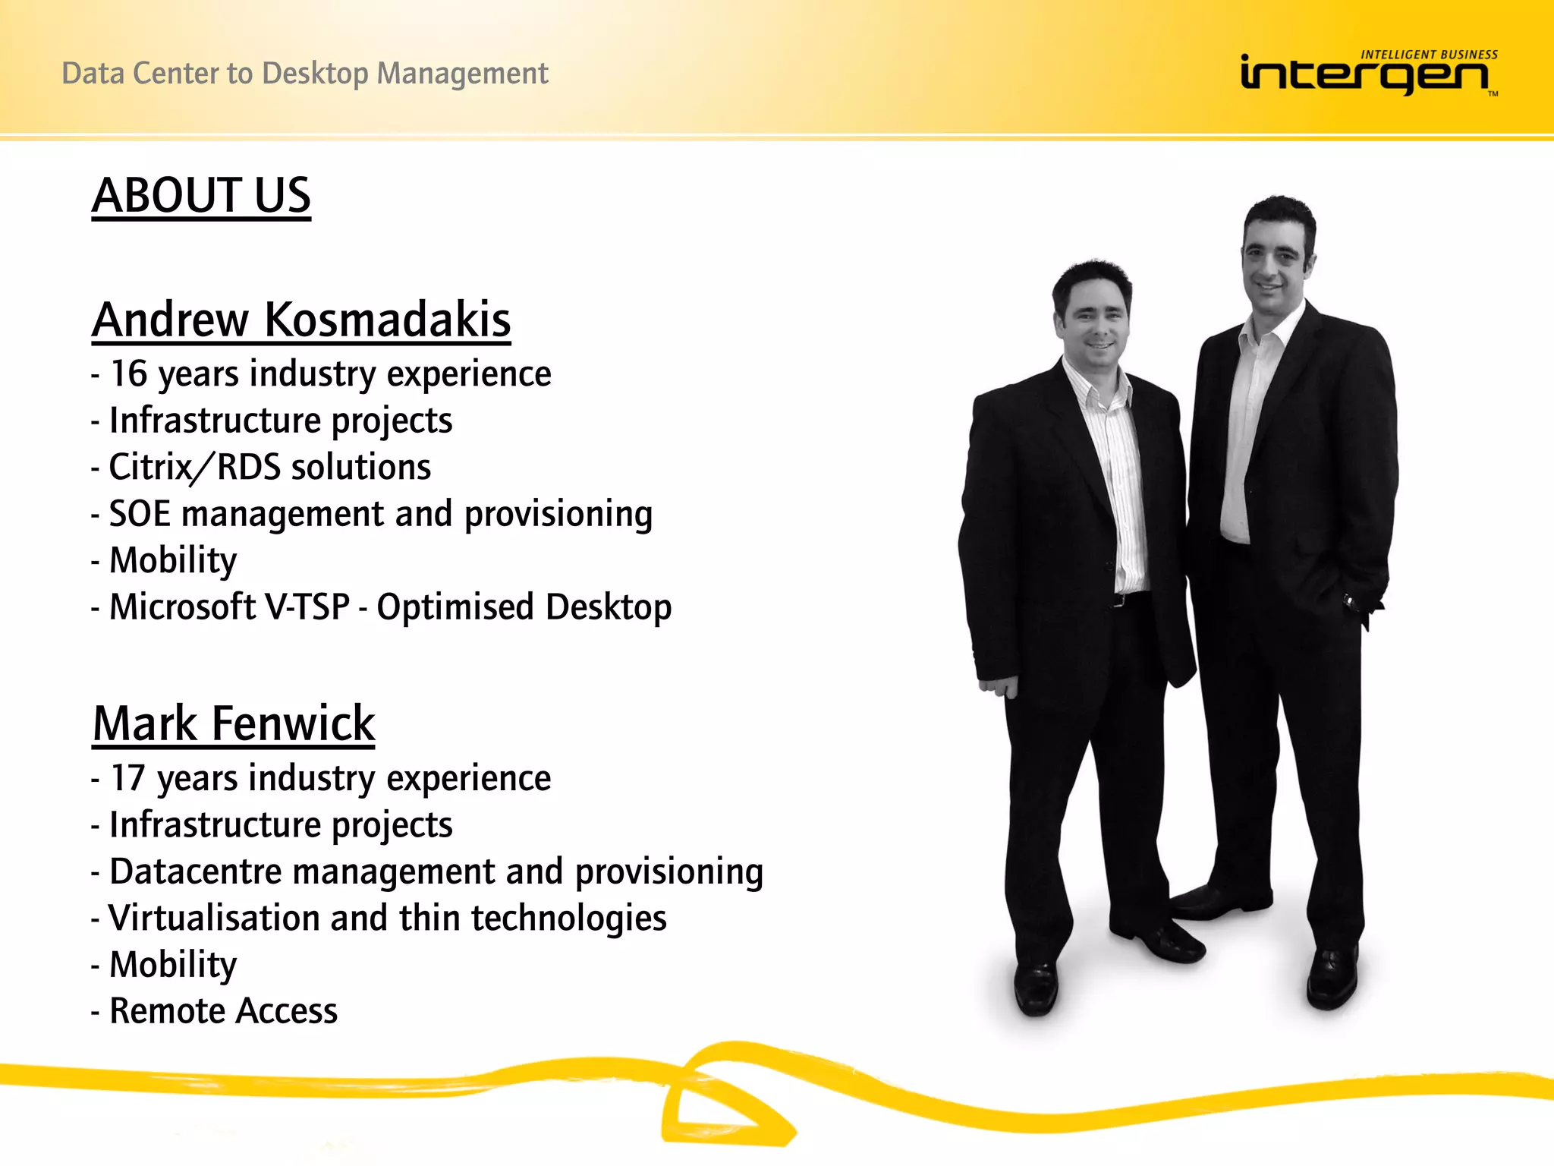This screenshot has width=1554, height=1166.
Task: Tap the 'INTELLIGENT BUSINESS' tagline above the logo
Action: point(1429,55)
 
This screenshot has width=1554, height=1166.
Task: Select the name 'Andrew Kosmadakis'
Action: point(301,320)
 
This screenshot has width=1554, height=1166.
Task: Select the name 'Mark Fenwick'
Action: point(234,723)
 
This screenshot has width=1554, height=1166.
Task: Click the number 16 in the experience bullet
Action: point(129,373)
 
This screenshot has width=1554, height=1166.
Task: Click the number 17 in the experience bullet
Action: point(128,778)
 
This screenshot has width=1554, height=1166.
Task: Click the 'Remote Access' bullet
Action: point(223,1011)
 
